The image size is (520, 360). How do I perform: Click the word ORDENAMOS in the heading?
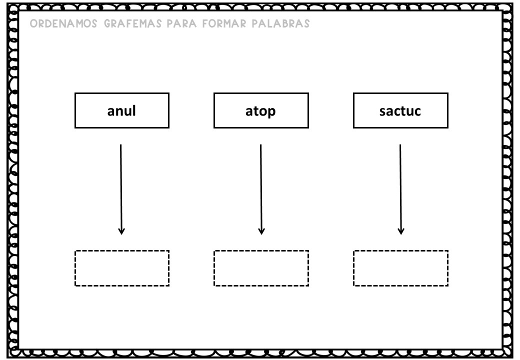tap(63, 23)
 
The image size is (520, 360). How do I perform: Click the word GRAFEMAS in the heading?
tap(133, 23)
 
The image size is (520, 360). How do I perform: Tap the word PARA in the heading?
tap(181, 23)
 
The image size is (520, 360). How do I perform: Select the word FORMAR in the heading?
tap(224, 23)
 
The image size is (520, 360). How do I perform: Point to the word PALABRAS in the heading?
tap(280, 23)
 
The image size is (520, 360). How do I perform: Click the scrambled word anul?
tap(121, 110)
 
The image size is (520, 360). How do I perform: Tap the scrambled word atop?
tap(260, 111)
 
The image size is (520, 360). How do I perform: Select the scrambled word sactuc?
tap(400, 111)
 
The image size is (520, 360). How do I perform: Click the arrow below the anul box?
tap(121, 189)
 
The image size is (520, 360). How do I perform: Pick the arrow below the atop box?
tap(261, 189)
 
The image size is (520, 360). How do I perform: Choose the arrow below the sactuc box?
tap(400, 189)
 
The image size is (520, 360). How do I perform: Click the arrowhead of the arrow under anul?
tap(121, 231)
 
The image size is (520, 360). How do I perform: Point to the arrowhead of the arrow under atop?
tap(261, 231)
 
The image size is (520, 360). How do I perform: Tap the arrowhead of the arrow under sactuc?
tap(401, 231)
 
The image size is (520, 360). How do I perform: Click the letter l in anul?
tap(134, 110)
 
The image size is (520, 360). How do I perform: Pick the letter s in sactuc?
tap(383, 112)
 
